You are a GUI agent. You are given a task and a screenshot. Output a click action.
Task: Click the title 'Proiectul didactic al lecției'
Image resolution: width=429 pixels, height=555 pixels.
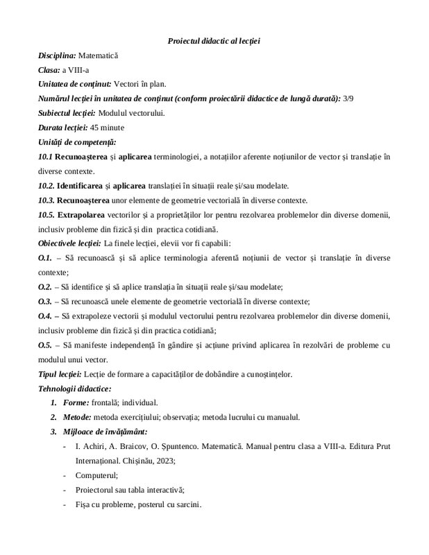pyautogui.click(x=214, y=41)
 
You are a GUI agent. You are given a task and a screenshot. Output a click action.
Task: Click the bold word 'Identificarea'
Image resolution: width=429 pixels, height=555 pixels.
pyautogui.click(x=81, y=185)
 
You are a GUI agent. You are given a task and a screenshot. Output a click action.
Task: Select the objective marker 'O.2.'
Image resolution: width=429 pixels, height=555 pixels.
pyautogui.click(x=44, y=287)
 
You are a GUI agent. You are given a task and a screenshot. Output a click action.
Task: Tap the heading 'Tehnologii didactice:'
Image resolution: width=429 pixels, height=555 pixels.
pyautogui.click(x=74, y=388)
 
